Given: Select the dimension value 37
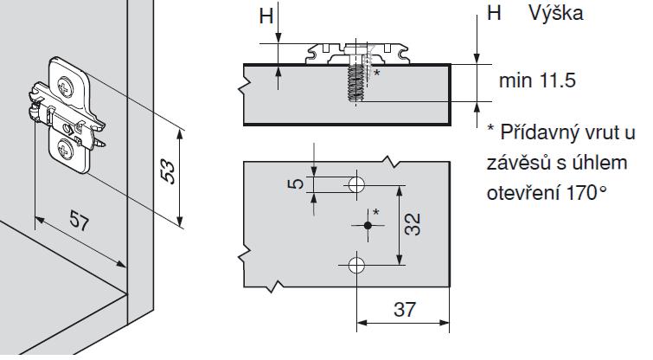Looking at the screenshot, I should (x=403, y=309).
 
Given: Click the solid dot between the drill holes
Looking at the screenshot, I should (x=368, y=225).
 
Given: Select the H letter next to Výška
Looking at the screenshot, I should (x=494, y=14).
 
